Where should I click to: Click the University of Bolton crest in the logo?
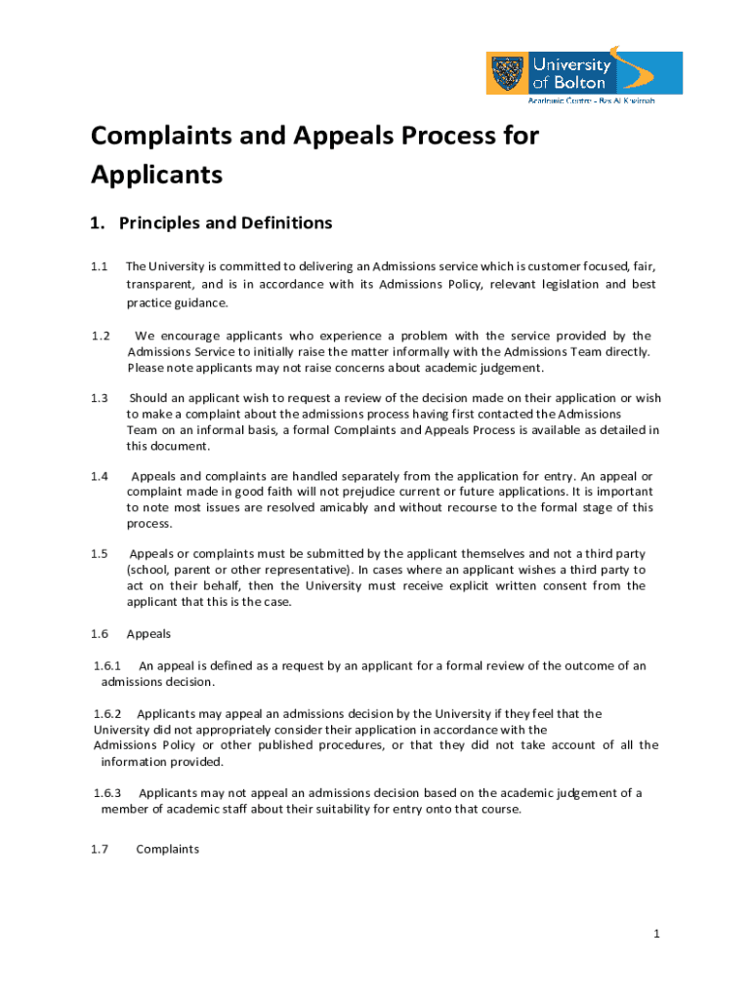point(508,73)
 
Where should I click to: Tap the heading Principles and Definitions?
point(226,223)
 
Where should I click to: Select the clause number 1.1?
point(100,266)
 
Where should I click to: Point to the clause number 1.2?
point(100,337)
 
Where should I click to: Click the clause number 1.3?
point(100,398)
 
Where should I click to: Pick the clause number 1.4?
point(100,476)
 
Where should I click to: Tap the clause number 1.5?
point(100,554)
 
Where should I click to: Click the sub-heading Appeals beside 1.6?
point(148,634)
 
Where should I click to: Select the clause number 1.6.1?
point(107,666)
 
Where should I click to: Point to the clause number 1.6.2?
point(107,714)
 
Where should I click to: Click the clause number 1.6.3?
point(107,793)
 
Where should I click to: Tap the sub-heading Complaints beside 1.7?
point(167,850)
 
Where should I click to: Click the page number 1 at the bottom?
point(657,935)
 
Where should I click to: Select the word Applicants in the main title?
point(156,176)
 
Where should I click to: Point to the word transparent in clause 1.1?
point(160,285)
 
